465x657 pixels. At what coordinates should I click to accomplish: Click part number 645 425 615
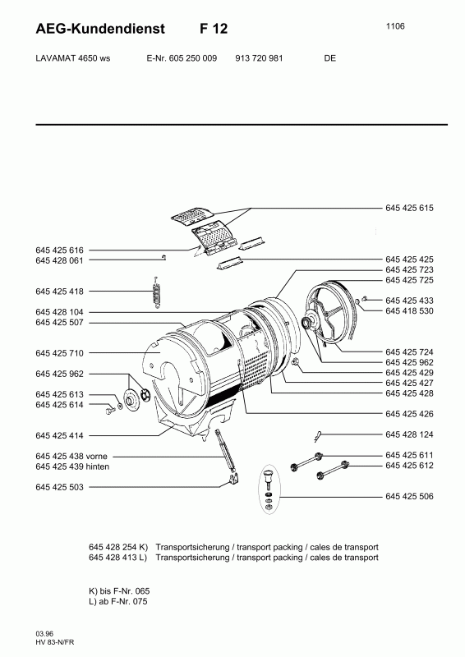pos(409,208)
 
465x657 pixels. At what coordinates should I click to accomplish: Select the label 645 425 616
pos(59,250)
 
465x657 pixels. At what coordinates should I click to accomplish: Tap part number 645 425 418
pos(59,292)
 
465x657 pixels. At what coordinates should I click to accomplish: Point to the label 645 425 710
pos(59,353)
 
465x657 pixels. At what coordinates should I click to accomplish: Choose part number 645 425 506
pos(409,497)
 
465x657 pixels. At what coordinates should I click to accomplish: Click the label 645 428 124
pos(409,434)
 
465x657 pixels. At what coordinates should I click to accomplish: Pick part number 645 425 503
pos(59,487)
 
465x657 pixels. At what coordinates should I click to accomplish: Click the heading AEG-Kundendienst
pos(100,29)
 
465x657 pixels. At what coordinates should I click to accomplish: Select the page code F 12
pos(214,29)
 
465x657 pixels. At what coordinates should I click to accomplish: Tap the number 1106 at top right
pos(395,26)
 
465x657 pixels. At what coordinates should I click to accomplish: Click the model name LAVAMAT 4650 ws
pos(73,58)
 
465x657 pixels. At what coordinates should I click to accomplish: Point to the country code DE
pos(329,58)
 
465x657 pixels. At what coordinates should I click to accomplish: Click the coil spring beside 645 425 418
pos(157,292)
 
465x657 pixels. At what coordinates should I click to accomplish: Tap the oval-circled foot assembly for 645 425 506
pos(269,489)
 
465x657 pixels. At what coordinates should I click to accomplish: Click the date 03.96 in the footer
pos(44,634)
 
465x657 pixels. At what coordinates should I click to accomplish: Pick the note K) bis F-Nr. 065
pos(119,591)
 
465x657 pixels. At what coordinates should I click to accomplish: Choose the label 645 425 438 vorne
pos(71,457)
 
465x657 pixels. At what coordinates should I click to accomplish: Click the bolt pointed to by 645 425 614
pos(111,411)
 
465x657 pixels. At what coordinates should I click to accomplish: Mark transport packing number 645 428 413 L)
pos(117,558)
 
